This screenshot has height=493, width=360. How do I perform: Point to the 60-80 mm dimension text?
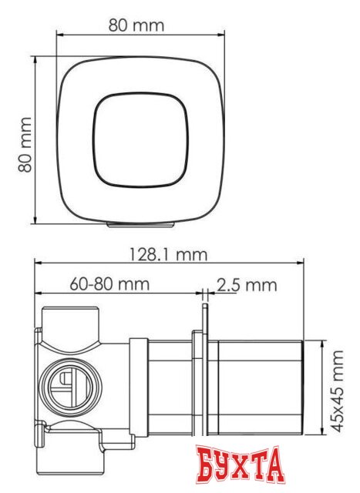point(109,283)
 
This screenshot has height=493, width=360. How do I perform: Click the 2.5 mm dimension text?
point(246,285)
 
